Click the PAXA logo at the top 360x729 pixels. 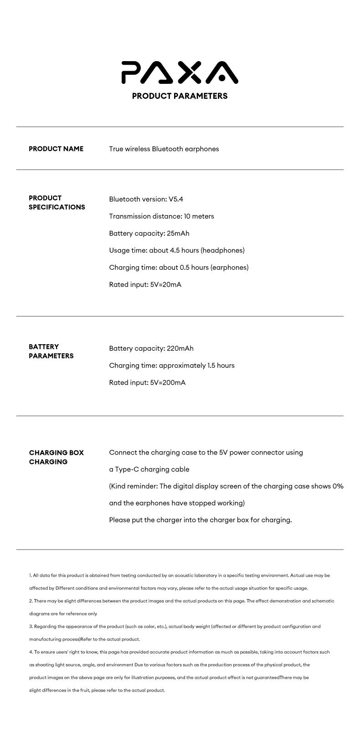tap(180, 72)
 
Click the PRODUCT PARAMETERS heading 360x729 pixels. tap(180, 96)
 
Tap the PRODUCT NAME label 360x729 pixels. tap(56, 149)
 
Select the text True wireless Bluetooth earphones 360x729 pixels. tap(164, 149)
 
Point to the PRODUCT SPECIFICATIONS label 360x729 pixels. tap(57, 202)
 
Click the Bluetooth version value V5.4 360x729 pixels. tap(176, 199)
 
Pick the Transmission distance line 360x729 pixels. tap(161, 216)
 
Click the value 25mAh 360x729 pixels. tap(178, 233)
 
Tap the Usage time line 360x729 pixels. tap(176, 250)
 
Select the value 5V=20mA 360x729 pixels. tap(165, 284)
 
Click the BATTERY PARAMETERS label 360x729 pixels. tap(51, 351)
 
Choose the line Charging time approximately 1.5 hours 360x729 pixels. tap(171, 365)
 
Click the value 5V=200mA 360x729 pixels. tap(168, 383)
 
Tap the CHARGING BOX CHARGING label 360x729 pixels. tap(56, 457)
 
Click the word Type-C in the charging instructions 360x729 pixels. tap(127, 469)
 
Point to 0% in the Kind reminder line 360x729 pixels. tap(338, 486)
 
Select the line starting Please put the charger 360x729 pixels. tap(200, 520)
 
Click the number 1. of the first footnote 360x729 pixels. tap(31, 575)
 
